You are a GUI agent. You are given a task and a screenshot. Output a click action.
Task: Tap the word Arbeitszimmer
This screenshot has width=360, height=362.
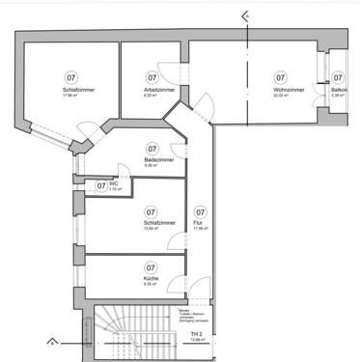[x=152, y=90]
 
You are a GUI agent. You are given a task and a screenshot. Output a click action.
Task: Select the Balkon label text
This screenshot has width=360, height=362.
[x=339, y=90]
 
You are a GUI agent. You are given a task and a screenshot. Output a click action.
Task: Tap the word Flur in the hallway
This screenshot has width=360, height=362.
[x=200, y=223]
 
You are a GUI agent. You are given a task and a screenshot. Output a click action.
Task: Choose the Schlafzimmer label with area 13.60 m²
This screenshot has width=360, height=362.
[x=152, y=223]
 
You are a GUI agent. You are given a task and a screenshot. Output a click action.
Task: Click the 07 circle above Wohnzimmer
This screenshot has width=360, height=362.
[x=281, y=77]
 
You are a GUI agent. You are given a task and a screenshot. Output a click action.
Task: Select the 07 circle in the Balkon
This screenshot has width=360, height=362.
[x=339, y=77]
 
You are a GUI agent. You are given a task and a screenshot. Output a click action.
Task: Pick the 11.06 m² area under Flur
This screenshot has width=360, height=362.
[x=200, y=229]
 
